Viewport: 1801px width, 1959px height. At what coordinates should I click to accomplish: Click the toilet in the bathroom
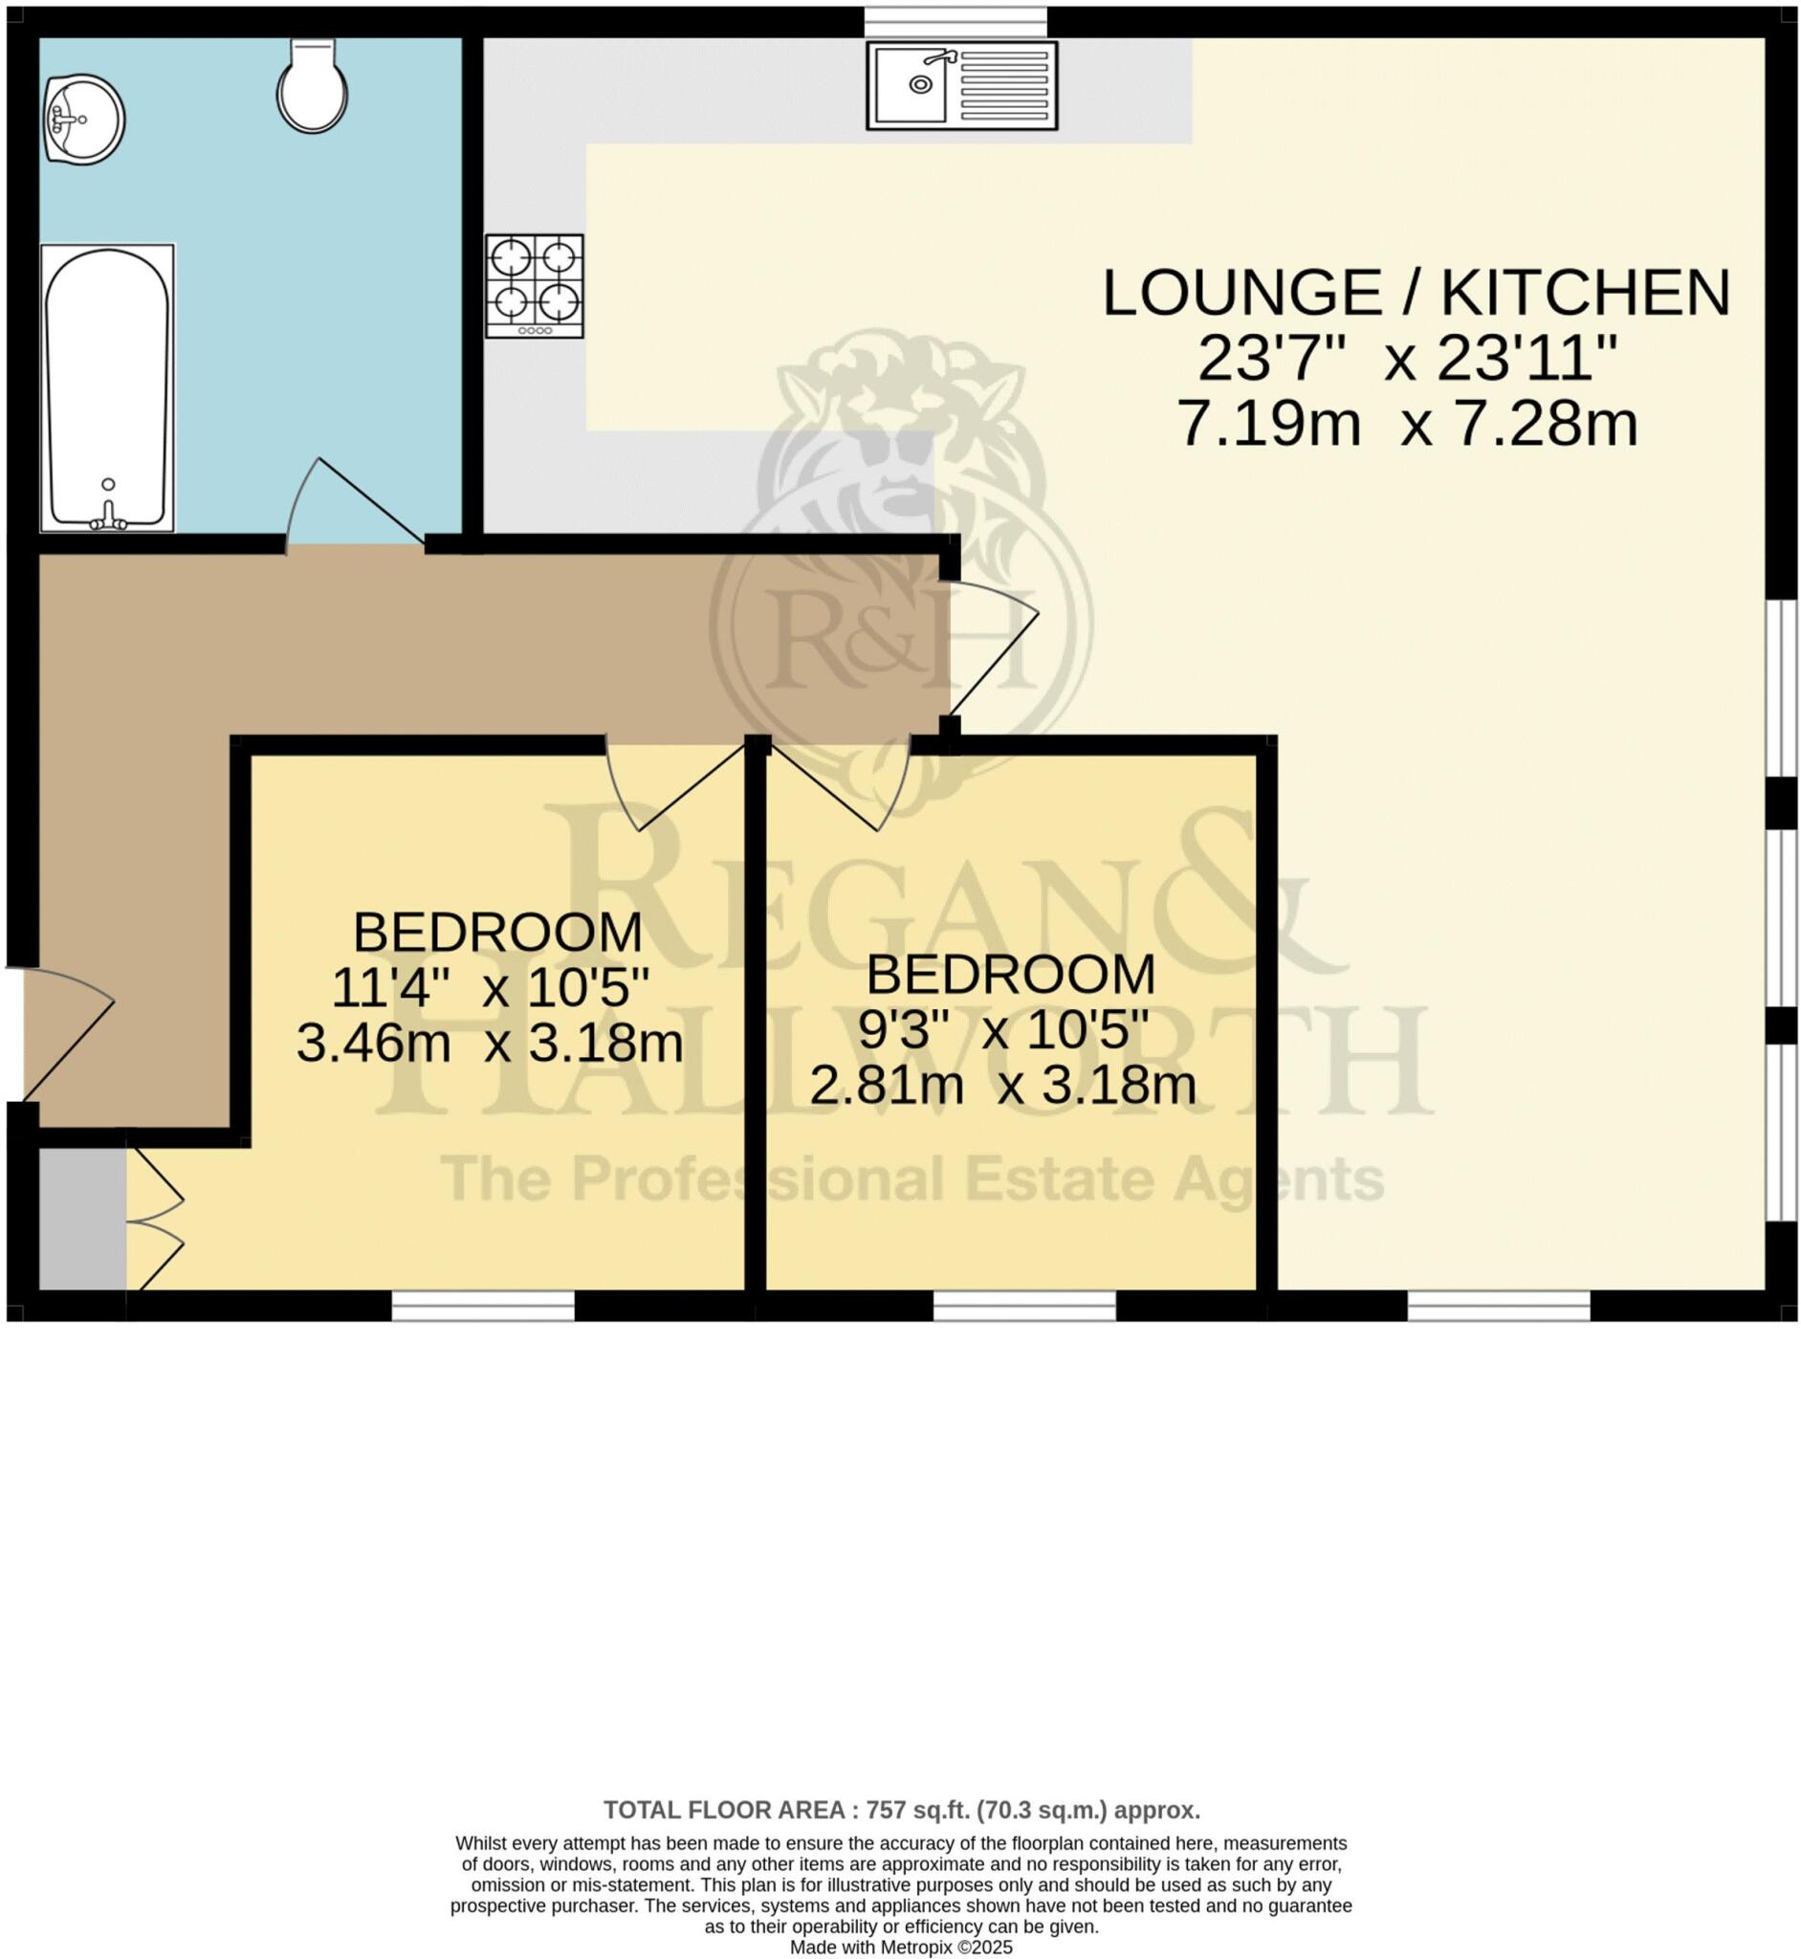pos(312,88)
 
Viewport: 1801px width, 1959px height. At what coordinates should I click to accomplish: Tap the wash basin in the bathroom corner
pos(83,119)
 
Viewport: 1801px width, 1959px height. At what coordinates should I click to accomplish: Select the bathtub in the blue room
pos(107,388)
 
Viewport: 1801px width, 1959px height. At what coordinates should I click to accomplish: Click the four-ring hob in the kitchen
pos(535,286)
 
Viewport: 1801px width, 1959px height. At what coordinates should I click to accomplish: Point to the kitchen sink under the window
pos(962,85)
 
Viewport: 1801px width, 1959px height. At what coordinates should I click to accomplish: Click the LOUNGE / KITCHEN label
pos(1416,293)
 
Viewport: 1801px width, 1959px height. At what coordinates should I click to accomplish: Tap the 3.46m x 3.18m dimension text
pos(490,1044)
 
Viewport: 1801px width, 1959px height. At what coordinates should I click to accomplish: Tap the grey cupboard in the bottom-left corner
pos(82,1220)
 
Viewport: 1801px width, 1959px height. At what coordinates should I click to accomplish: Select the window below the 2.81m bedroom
pos(1024,1306)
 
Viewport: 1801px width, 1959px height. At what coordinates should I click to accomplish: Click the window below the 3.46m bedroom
pos(482,1306)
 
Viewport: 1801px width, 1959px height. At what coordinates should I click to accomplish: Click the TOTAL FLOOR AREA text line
pos(902,1810)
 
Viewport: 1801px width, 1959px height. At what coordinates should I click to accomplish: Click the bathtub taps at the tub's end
pos(108,517)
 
